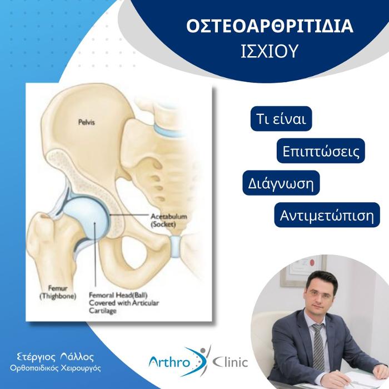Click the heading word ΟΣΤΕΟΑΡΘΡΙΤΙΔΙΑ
click(x=270, y=26)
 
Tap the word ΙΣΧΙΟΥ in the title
click(x=270, y=51)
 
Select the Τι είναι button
click(x=281, y=118)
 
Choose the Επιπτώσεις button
click(x=321, y=151)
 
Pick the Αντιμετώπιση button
click(x=327, y=215)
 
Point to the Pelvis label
click(x=87, y=122)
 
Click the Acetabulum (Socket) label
click(x=169, y=220)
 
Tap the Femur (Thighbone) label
click(x=58, y=292)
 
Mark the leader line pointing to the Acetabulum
click(x=129, y=215)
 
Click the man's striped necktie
click(x=318, y=347)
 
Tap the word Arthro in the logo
click(x=169, y=362)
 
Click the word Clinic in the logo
click(x=231, y=362)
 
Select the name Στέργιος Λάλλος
click(x=56, y=357)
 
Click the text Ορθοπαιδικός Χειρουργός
click(x=56, y=368)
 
